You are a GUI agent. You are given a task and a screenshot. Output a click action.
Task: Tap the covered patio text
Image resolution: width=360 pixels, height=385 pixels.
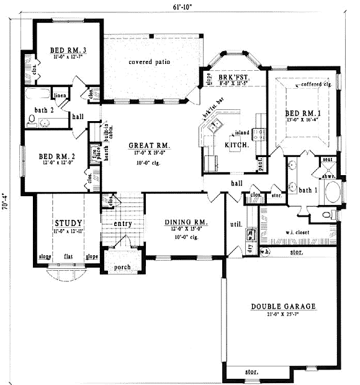[149, 63]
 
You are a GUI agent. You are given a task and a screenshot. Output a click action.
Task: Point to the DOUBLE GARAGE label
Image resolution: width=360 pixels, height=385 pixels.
[283, 307]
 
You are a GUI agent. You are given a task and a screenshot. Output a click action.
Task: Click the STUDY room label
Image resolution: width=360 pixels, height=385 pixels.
[68, 222]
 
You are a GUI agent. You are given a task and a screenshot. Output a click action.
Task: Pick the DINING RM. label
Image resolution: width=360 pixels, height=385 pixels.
[186, 222]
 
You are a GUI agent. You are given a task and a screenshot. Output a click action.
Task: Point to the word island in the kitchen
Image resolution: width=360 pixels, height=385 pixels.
[241, 133]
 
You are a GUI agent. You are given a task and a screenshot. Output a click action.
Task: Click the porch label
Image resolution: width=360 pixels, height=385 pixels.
[122, 268]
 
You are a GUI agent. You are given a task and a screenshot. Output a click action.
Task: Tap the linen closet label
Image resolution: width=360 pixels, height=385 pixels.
[60, 96]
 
